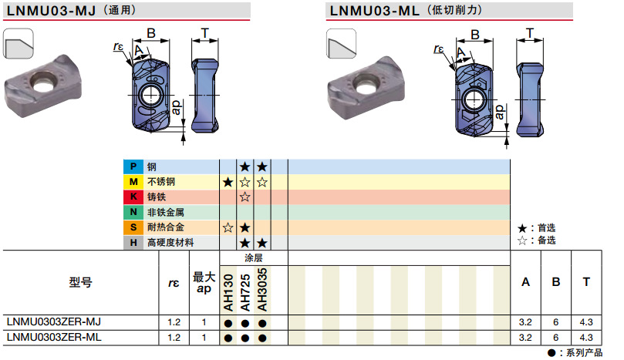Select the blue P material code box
point(133,167)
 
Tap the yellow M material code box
point(133,182)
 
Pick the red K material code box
point(133,197)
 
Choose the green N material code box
point(133,212)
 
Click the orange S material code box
point(133,227)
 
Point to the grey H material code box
point(133,243)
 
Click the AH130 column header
point(228,291)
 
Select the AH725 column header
point(245,291)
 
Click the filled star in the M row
point(228,182)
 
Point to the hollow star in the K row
point(245,197)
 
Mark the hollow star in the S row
point(228,227)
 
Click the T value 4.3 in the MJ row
point(586,321)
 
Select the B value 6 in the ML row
point(556,338)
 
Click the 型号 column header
point(80,283)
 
